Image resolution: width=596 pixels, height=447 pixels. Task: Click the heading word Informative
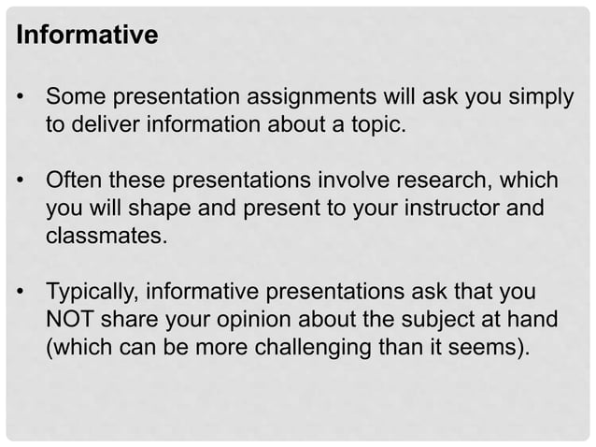click(x=87, y=36)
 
